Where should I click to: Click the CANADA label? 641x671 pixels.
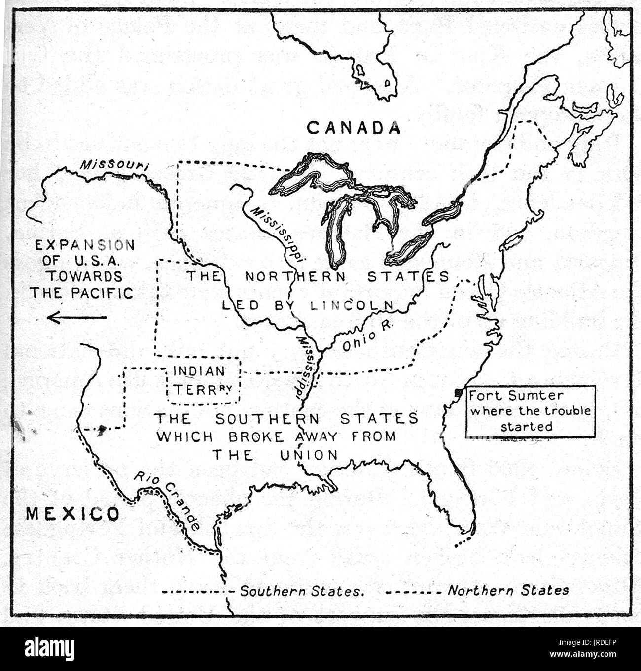click(353, 128)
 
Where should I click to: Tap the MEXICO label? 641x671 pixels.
click(72, 514)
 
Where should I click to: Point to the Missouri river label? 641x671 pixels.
click(114, 166)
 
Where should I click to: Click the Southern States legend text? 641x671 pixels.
click(302, 591)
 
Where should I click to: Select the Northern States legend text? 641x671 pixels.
click(508, 590)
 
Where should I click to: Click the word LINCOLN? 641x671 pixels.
click(354, 305)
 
